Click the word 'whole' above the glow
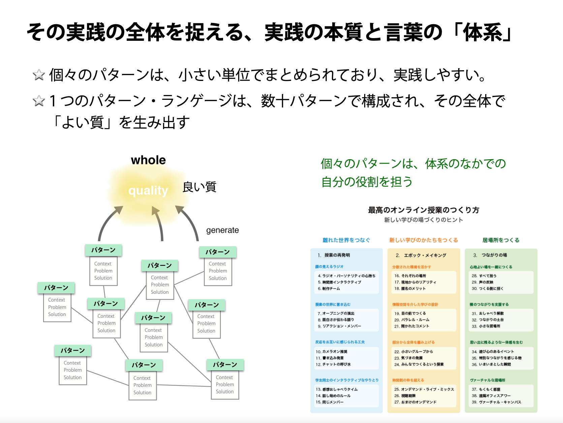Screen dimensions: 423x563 point(148,160)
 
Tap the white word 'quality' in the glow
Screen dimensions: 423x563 point(148,191)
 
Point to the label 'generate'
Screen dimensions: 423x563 point(222,230)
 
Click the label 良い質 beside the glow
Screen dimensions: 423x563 point(199,187)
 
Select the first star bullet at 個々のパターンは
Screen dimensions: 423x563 point(39,75)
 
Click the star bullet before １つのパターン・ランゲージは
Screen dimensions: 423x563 point(39,101)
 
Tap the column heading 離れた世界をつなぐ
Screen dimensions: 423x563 point(346,240)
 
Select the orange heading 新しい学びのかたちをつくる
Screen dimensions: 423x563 point(424,240)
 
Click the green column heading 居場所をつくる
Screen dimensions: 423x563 point(501,240)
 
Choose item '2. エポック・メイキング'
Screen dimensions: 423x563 point(421,255)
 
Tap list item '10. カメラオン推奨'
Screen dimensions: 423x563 point(332,351)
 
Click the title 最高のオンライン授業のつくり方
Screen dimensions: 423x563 point(424,210)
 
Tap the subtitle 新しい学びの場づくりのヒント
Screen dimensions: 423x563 point(424,220)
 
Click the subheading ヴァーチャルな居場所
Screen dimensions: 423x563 point(488,380)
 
